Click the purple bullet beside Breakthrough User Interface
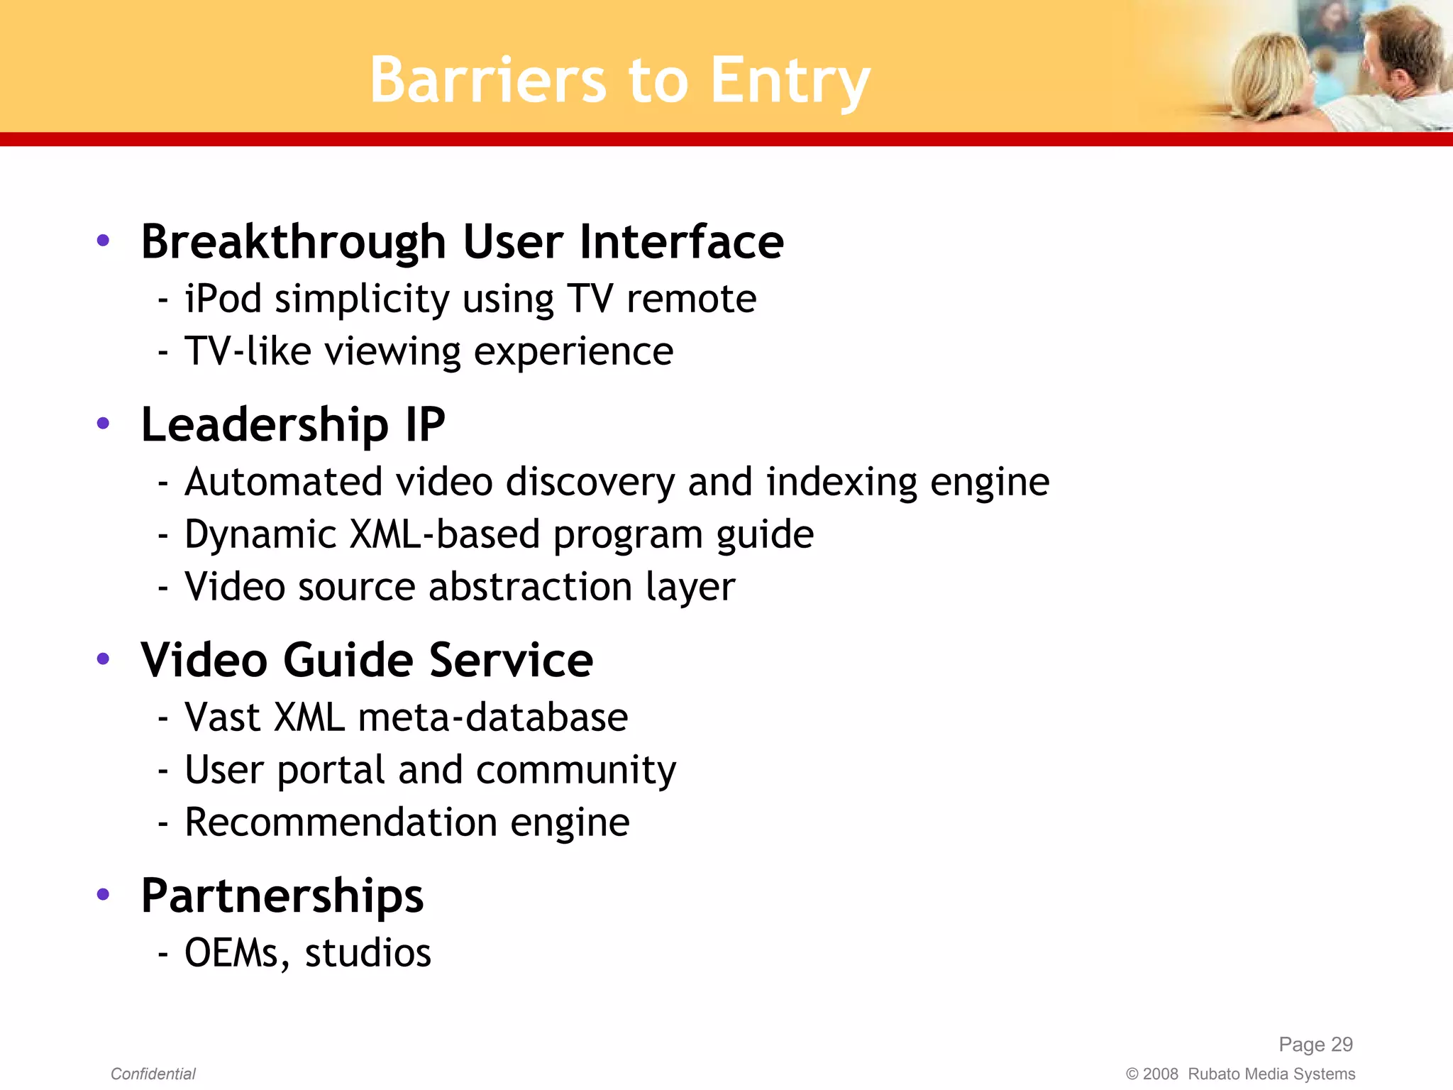click(x=103, y=241)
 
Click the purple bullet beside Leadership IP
click(x=103, y=424)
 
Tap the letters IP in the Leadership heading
click(x=425, y=424)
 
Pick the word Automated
click(x=283, y=482)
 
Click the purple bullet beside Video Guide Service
click(x=103, y=659)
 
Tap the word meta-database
click(x=493, y=717)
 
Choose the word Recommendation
click(x=341, y=822)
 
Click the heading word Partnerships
click(x=282, y=896)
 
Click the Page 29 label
click(x=1315, y=1044)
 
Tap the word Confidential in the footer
click(x=153, y=1074)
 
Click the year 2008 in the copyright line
click(x=1160, y=1074)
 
